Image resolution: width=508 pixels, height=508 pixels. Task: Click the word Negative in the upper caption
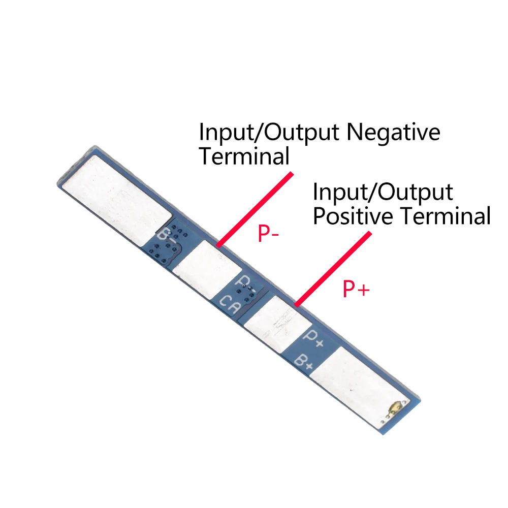(x=393, y=133)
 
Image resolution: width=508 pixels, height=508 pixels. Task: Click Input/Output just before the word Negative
(x=269, y=133)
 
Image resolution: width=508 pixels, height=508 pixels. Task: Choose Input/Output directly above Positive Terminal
(x=383, y=193)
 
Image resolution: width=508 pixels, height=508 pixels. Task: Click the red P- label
(x=267, y=234)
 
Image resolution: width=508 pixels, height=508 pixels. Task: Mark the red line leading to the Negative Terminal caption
(x=256, y=209)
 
